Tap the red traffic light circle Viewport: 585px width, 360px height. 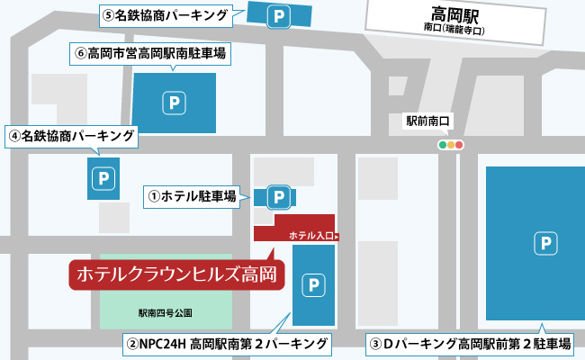point(459,144)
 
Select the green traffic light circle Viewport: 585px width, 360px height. point(441,144)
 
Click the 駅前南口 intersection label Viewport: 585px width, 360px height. point(427,119)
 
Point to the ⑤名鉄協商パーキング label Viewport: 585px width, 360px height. point(166,14)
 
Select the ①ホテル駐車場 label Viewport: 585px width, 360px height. point(192,194)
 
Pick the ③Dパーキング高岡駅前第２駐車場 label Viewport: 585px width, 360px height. point(471,343)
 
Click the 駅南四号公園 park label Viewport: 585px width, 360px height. point(166,313)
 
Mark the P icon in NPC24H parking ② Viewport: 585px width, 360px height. point(313,284)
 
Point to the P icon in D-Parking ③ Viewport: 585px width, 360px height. point(543,242)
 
